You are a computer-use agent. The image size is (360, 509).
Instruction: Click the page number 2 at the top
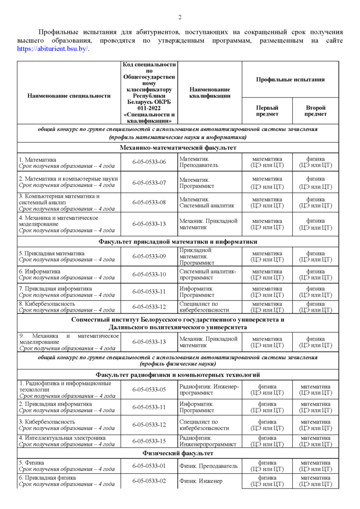click(x=180, y=17)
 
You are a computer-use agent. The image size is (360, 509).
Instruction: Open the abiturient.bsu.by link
click(x=53, y=49)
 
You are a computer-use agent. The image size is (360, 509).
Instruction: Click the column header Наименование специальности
click(x=69, y=96)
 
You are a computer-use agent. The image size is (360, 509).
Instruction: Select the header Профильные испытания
click(x=290, y=80)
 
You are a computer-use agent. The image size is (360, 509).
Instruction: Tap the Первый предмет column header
click(x=267, y=111)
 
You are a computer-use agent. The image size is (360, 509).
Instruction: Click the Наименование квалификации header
click(x=209, y=92)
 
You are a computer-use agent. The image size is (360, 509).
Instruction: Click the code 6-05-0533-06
click(x=149, y=162)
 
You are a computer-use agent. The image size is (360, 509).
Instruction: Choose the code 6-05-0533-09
click(x=149, y=256)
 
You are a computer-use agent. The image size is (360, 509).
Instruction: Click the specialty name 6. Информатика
click(x=40, y=271)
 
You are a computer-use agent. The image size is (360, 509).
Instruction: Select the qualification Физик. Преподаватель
click(x=208, y=466)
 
